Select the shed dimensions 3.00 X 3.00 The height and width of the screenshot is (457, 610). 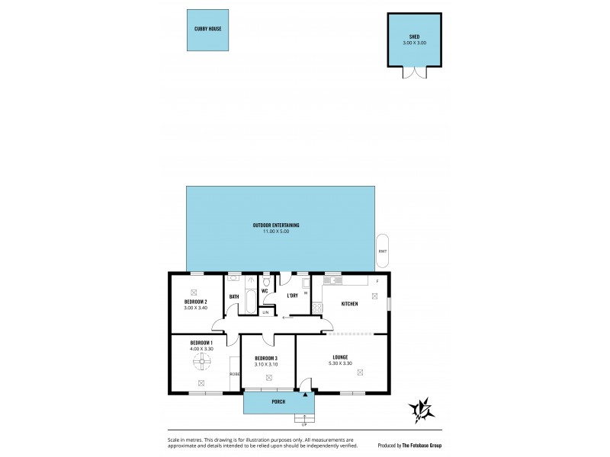(x=414, y=43)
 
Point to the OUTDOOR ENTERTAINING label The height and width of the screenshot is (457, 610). (x=276, y=225)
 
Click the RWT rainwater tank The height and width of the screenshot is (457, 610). (x=382, y=251)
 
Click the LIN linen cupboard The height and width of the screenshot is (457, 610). (x=266, y=312)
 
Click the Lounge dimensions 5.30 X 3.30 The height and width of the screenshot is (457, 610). (x=339, y=363)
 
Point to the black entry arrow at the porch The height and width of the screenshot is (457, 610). (x=305, y=394)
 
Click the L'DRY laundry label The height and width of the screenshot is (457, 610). (x=292, y=296)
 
